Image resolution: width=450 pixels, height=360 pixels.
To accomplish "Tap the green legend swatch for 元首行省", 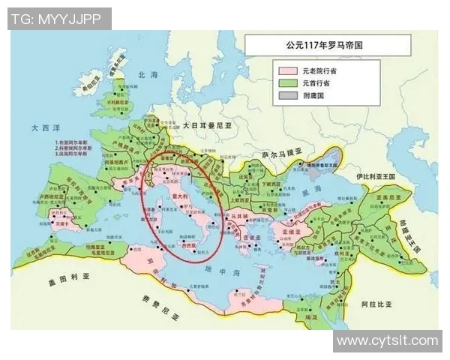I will [x=286, y=83].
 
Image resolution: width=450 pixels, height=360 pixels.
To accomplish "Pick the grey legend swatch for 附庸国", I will [x=286, y=97].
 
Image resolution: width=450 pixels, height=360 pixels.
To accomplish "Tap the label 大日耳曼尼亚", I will [x=209, y=127].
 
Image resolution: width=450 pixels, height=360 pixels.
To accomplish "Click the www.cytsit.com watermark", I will [x=387, y=341].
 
